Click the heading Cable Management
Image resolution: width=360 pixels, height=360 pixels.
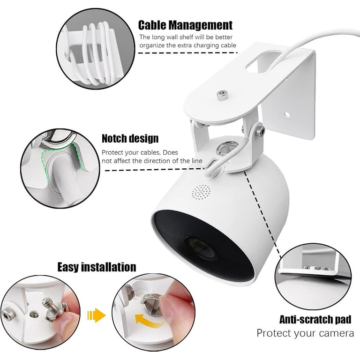tap(185, 25)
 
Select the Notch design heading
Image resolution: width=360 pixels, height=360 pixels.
tap(130, 138)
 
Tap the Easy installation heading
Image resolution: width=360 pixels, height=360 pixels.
tap(97, 267)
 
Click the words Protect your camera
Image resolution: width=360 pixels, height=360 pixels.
tap(305, 333)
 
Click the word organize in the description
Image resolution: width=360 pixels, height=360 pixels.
tap(152, 45)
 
